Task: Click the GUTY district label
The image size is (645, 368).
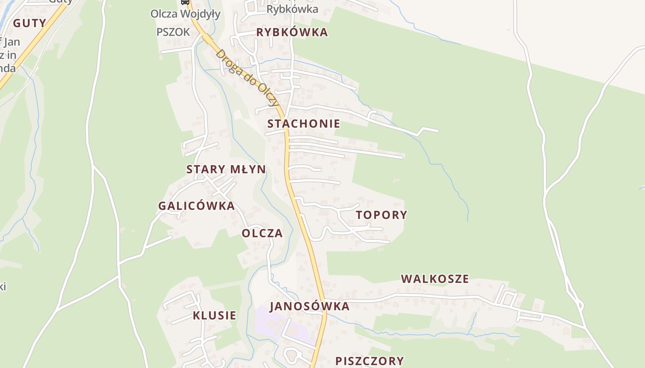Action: pyautogui.click(x=29, y=23)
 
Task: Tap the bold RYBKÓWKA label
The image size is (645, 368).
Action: pyautogui.click(x=292, y=32)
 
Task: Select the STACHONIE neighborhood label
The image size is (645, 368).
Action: pyautogui.click(x=304, y=124)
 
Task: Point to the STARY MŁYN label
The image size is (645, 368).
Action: pyautogui.click(x=226, y=169)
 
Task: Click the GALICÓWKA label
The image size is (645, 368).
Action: pyautogui.click(x=197, y=206)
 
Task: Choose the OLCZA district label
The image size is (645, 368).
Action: pyautogui.click(x=262, y=233)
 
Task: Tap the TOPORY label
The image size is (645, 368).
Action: pyautogui.click(x=381, y=215)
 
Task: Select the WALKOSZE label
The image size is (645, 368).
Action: pyautogui.click(x=435, y=279)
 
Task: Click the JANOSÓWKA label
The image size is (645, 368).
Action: pyautogui.click(x=310, y=306)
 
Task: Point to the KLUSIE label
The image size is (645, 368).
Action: pyautogui.click(x=214, y=316)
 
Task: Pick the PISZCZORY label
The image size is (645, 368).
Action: pyautogui.click(x=369, y=361)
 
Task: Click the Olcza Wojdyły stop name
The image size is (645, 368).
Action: pyautogui.click(x=185, y=14)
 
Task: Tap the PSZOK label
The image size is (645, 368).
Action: pyautogui.click(x=173, y=32)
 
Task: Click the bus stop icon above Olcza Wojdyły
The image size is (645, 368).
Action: pyautogui.click(x=185, y=2)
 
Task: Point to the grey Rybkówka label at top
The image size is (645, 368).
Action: pyautogui.click(x=292, y=9)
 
